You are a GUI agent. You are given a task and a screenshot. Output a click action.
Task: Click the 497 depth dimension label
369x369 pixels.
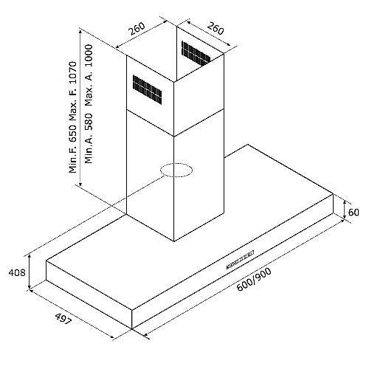[x=63, y=319]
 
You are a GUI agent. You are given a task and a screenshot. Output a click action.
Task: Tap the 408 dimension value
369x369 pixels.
[x=17, y=272]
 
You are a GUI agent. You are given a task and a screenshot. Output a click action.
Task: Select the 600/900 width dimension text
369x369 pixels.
[x=254, y=279]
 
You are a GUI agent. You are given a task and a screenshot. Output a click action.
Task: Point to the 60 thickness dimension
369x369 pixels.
[x=354, y=212]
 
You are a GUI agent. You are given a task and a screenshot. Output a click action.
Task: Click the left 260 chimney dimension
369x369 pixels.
[x=137, y=29]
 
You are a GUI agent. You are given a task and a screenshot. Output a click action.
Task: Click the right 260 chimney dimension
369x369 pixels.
[x=215, y=28]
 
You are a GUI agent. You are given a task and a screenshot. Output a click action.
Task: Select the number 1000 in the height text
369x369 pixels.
[x=89, y=55]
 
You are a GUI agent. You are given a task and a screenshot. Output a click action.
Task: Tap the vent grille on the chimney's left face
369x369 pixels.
[x=148, y=90]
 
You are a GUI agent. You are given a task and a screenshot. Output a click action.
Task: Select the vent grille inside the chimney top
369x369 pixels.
[x=196, y=53]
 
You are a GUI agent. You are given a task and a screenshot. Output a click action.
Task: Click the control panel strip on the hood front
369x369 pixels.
[x=240, y=260]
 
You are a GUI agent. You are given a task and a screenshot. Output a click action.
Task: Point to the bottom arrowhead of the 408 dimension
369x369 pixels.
[x=30, y=287]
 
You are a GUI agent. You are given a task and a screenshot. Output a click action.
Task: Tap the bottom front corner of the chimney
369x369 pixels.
[x=174, y=241]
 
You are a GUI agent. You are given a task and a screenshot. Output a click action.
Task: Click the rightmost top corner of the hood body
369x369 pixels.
[x=334, y=194]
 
